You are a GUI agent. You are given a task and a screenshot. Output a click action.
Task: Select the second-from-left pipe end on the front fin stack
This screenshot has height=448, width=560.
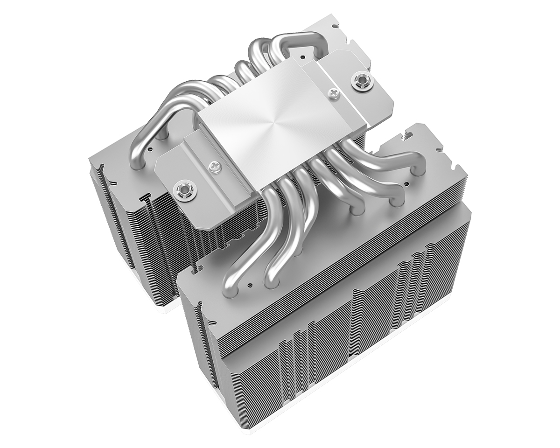click(272, 279)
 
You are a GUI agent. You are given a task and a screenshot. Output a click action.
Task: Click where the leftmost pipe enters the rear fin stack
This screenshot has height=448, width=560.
click(161, 135)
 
